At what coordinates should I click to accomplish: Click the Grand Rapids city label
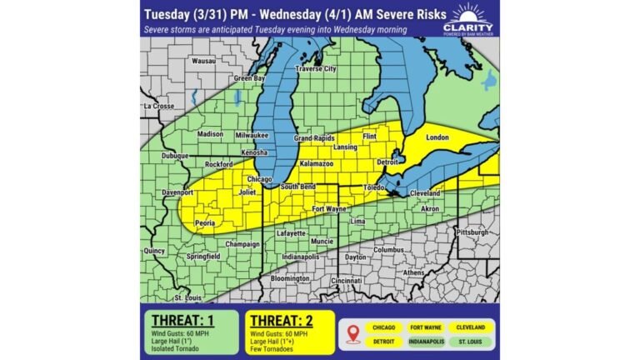[x=314, y=137]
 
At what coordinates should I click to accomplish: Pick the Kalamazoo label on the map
[x=317, y=165]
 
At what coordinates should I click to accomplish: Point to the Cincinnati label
[x=346, y=282]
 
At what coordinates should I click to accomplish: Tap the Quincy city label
[x=154, y=250]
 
